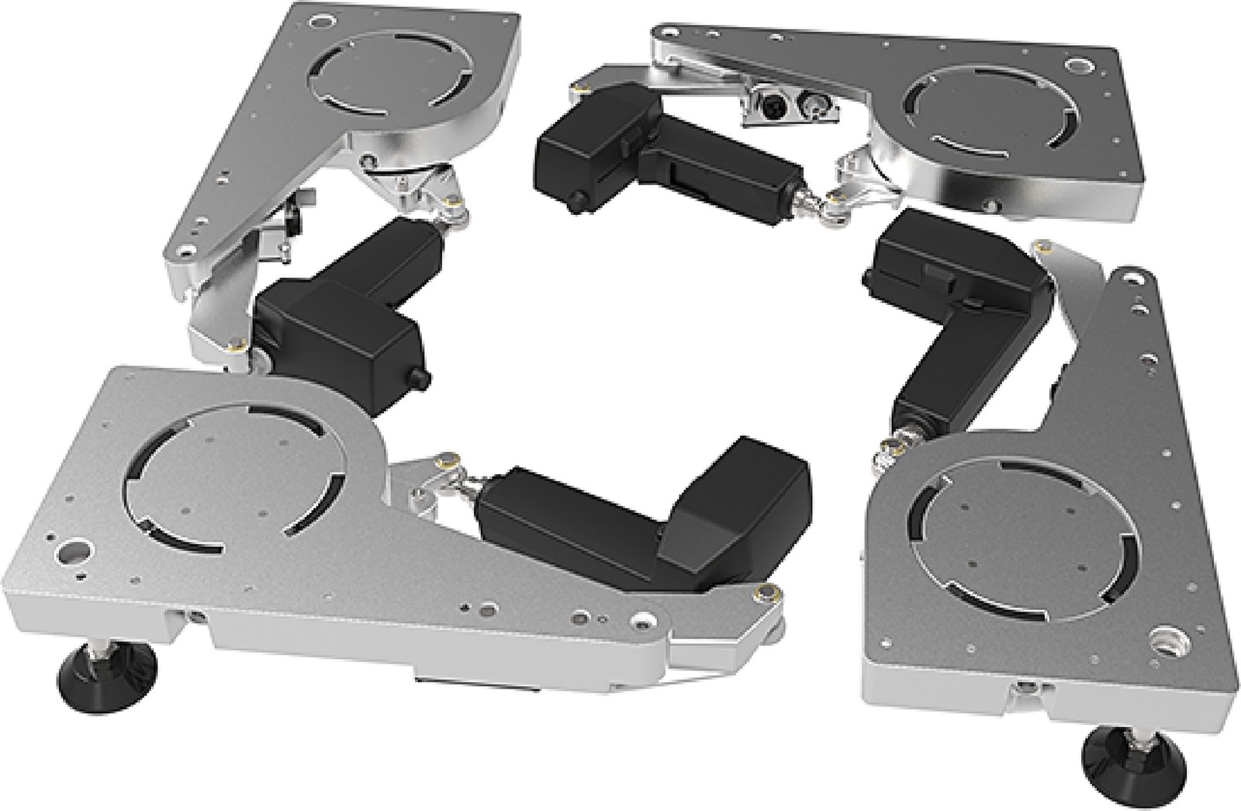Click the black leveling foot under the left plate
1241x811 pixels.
pos(109,674)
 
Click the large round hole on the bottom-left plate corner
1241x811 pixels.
pos(74,554)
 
